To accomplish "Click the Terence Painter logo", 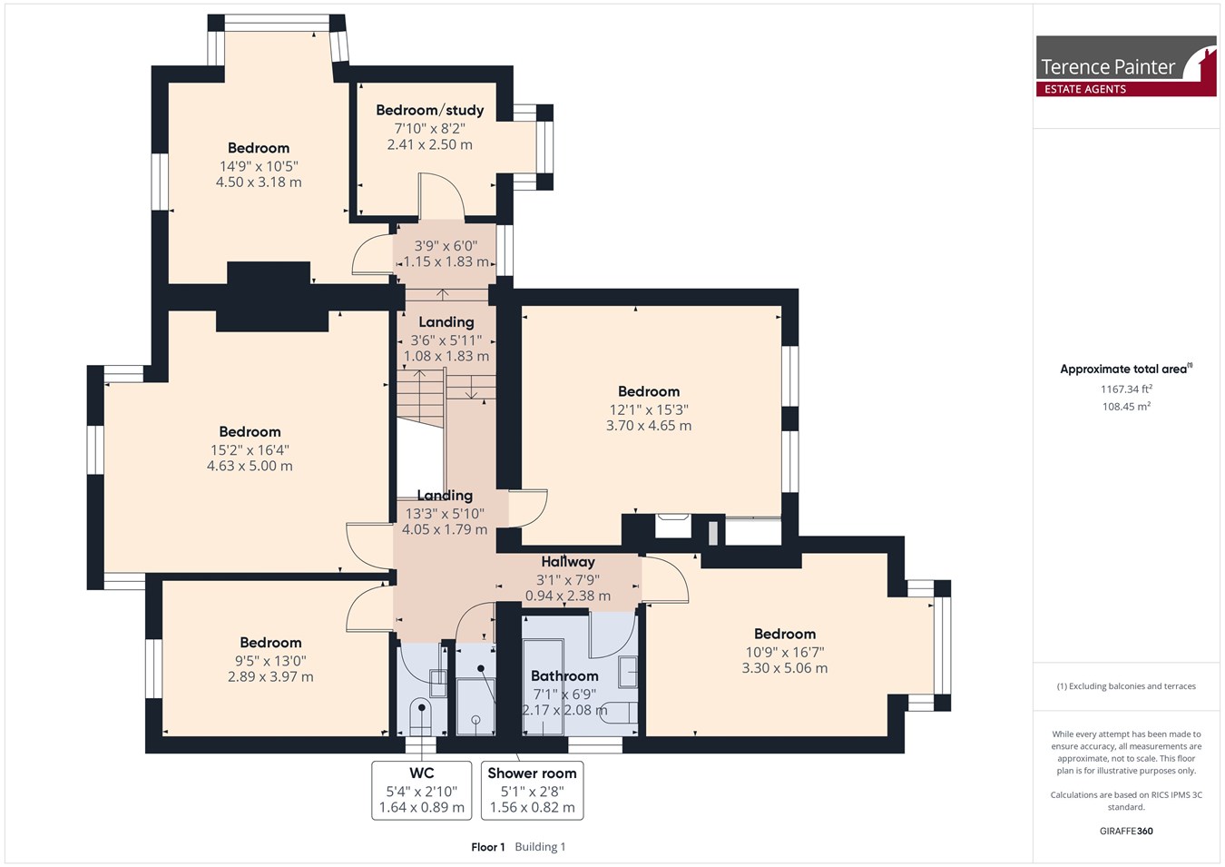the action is pos(1126,66).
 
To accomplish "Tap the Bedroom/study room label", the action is pos(430,111).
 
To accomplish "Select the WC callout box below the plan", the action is pos(422,791).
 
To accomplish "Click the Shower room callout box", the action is pos(532,791).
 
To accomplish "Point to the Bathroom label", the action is pos(564,676).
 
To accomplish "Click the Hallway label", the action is pos(568,562).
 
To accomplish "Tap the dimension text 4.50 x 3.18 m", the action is pos(259,182).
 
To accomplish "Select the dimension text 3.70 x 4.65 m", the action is pos(649,426).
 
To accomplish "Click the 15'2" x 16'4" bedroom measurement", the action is pos(250,450).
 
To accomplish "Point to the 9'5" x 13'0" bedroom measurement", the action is pos(270,661).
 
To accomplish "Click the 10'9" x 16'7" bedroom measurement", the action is pos(785,653).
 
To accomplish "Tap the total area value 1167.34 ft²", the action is pos(1126,389).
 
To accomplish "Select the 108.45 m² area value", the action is pos(1126,407).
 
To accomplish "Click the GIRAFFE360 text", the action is pos(1126,831).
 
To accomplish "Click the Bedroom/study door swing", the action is pos(442,195).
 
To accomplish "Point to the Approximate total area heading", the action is pos(1126,369).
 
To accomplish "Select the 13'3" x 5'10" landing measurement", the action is pos(445,514).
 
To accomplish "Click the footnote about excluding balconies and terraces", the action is pos(1126,686).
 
